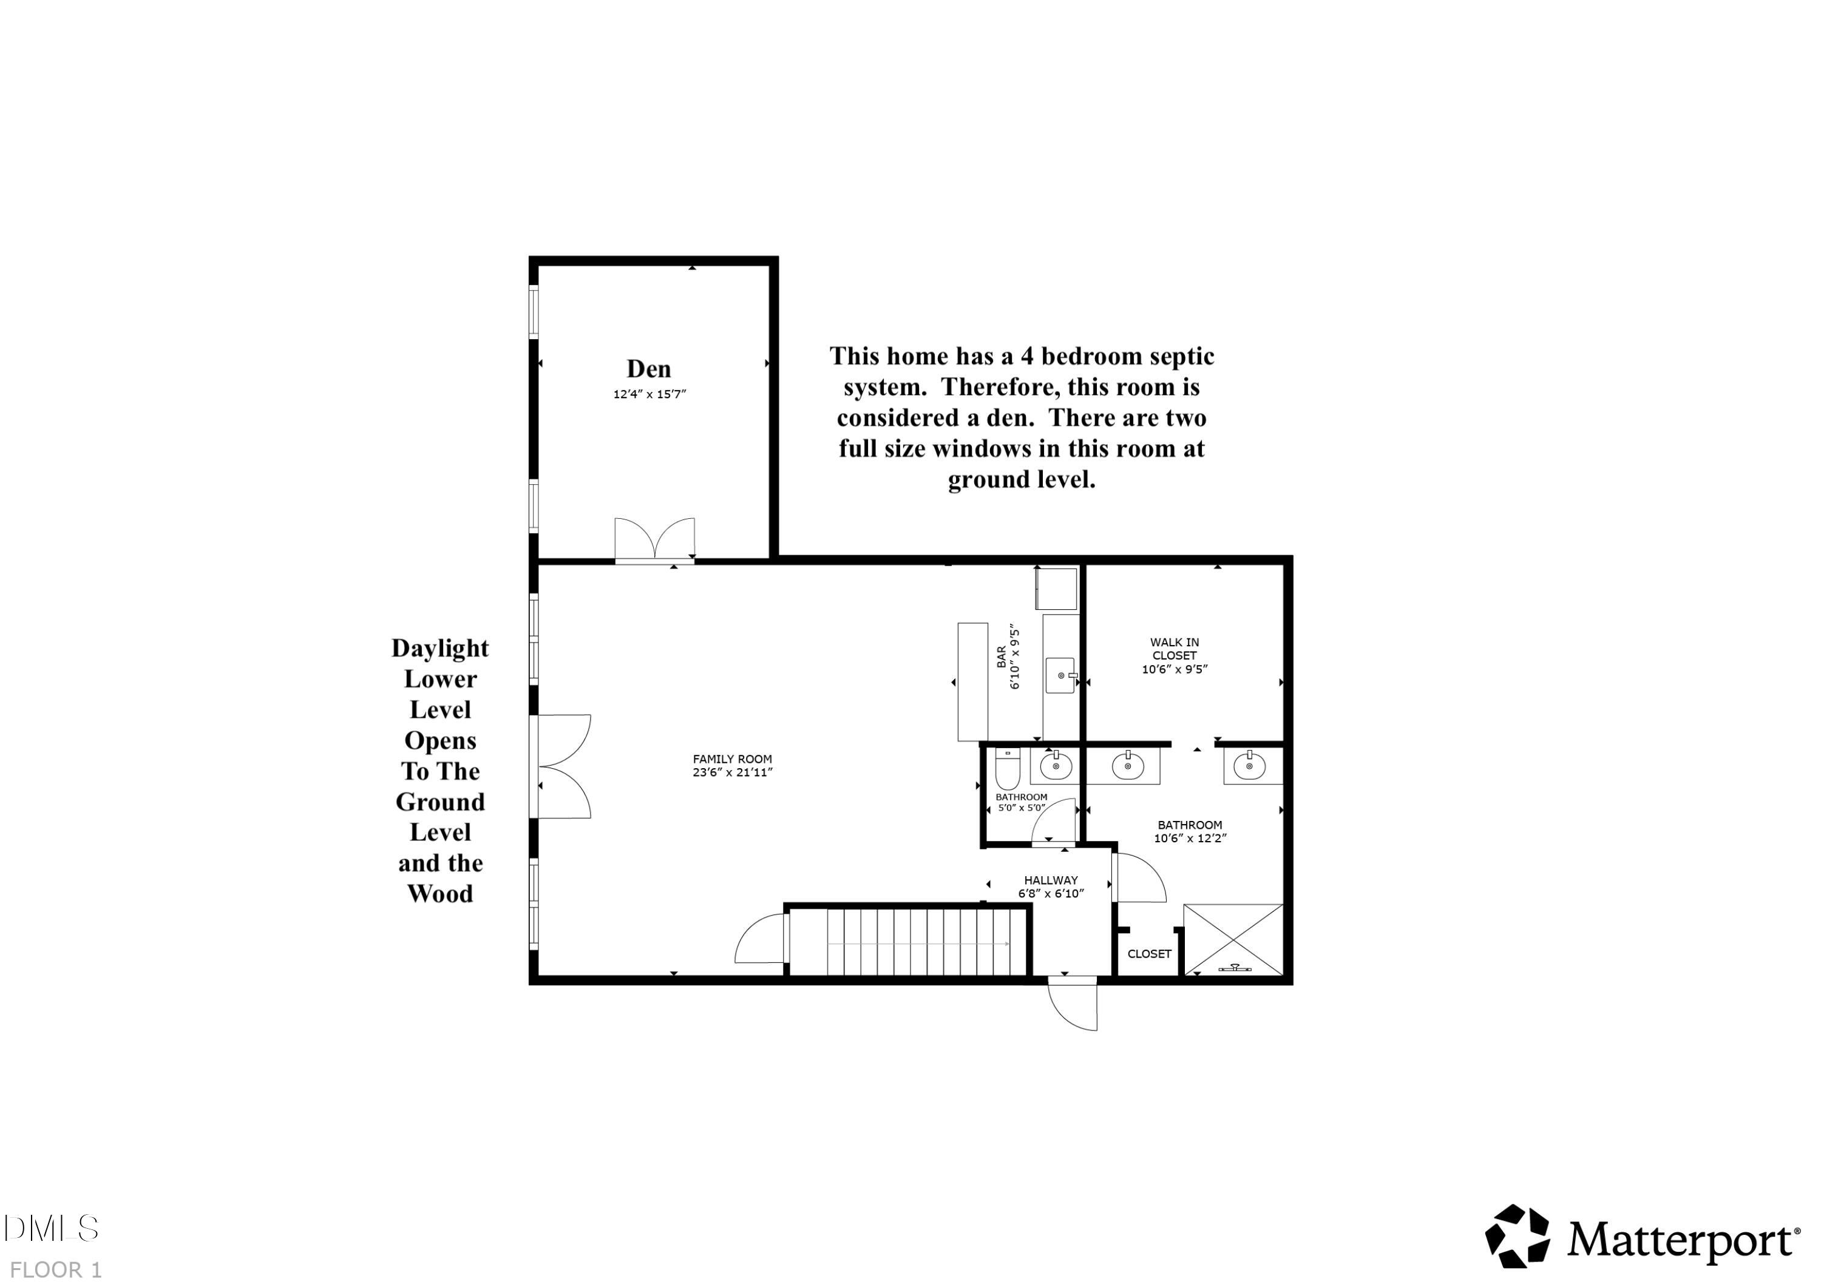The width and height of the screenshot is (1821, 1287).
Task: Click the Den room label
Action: pyautogui.click(x=648, y=369)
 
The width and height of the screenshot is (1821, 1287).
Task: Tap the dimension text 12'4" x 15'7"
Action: pyautogui.click(x=649, y=394)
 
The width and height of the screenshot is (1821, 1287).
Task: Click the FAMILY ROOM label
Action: pyautogui.click(x=731, y=759)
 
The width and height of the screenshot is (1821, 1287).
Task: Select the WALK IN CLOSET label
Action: pyautogui.click(x=1174, y=649)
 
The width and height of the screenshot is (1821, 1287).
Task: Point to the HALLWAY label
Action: pyautogui.click(x=1050, y=880)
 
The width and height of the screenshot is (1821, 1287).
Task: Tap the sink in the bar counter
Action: pyautogui.click(x=1060, y=675)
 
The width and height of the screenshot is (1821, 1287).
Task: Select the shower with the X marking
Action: pyautogui.click(x=1232, y=940)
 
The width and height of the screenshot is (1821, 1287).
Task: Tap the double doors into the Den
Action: pyautogui.click(x=654, y=541)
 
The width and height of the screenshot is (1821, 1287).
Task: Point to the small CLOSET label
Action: pyautogui.click(x=1148, y=954)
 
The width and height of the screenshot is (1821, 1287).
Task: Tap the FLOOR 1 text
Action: pyautogui.click(x=55, y=1269)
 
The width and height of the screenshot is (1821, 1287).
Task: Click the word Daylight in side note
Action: pyautogui.click(x=439, y=649)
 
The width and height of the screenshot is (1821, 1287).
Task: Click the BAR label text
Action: pyautogui.click(x=1002, y=657)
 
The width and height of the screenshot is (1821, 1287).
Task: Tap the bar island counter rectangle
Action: pyautogui.click(x=972, y=682)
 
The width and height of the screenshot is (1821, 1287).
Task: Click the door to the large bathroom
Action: pyautogui.click(x=1138, y=879)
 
